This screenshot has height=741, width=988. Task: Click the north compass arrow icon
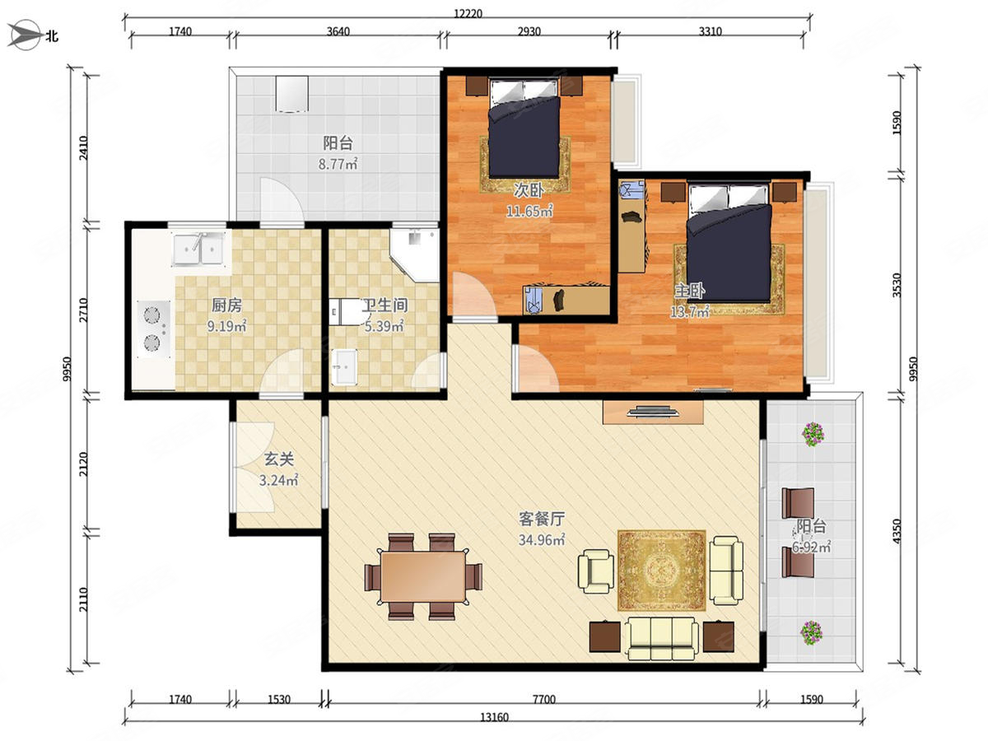point(25,35)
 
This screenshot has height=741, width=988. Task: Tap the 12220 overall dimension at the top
point(468,13)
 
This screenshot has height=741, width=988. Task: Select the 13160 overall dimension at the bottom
point(494,717)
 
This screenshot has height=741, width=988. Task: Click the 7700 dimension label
point(544,700)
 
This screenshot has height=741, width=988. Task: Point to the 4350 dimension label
point(897,531)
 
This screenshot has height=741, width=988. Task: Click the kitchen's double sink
point(198,249)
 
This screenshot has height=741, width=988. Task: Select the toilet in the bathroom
point(347,311)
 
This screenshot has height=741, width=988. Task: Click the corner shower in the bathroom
point(415,255)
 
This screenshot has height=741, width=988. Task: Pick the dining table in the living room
point(423,576)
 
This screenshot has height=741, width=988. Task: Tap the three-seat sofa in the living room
point(662,638)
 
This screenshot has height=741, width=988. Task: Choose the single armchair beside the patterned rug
point(596,571)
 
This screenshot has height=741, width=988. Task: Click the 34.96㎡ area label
point(542,539)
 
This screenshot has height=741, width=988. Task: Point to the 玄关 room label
point(278,459)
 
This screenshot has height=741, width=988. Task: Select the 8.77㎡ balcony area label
point(338,164)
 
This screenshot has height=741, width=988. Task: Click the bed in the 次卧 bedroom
point(524,128)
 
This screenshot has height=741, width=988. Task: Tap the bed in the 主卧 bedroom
point(729,242)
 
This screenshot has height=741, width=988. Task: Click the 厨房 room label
point(227,305)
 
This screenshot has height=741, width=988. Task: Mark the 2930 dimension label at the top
point(529,31)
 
